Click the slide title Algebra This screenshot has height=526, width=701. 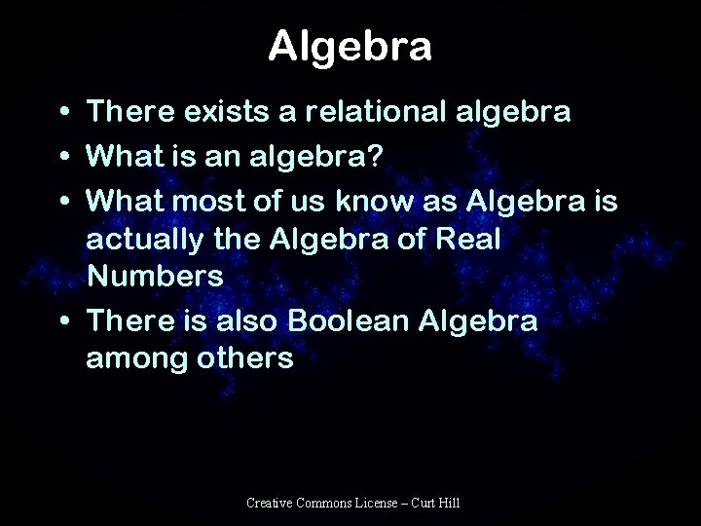point(350,46)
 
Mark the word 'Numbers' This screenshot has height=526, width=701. point(155,275)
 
